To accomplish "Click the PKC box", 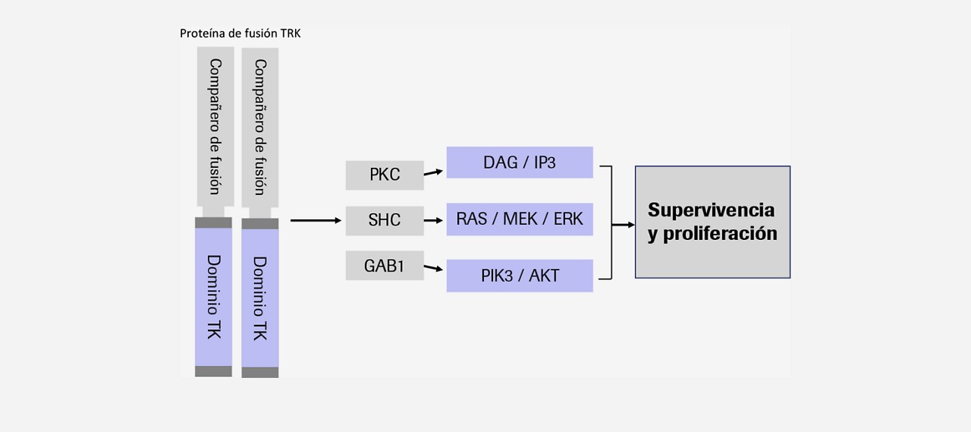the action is [385, 175].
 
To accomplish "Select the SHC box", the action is [385, 221].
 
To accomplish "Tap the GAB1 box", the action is [385, 266].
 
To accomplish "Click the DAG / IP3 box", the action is [520, 162].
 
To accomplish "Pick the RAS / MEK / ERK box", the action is [520, 219].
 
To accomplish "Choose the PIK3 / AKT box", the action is [520, 276].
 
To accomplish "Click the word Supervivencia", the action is [711, 210].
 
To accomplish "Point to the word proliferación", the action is [720, 234].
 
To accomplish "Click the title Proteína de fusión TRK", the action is [240, 33].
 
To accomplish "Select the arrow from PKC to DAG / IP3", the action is [433, 172].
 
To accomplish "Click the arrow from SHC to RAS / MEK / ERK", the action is [433, 221].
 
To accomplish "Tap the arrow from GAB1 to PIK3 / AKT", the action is [433, 268].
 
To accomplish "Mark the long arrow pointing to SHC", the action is [316, 221].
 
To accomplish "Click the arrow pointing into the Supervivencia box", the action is [624, 225].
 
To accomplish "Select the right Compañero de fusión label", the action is [260, 127].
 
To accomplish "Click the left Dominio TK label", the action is [214, 297].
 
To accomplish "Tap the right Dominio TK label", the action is [260, 298].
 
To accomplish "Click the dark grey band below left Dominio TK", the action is [213, 371].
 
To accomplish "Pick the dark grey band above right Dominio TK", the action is [260, 224].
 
